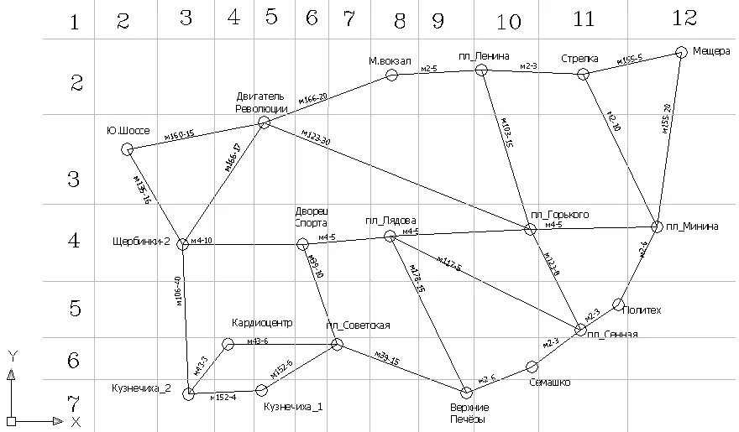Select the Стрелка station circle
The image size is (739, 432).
(584, 75)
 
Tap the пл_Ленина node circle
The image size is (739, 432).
(481, 70)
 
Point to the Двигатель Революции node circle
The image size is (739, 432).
(264, 122)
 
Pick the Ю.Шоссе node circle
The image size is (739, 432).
(128, 149)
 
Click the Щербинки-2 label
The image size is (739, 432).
(141, 242)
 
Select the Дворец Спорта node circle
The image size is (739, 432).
(302, 244)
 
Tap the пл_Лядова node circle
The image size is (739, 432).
(390, 237)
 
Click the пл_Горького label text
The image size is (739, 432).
(560, 215)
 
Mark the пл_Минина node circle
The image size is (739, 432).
(658, 226)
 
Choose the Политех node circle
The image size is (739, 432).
(619, 304)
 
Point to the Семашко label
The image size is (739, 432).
(551, 383)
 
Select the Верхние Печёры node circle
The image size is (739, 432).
(467, 393)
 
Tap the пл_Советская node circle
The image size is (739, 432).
(337, 344)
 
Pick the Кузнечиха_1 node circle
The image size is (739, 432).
(261, 389)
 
